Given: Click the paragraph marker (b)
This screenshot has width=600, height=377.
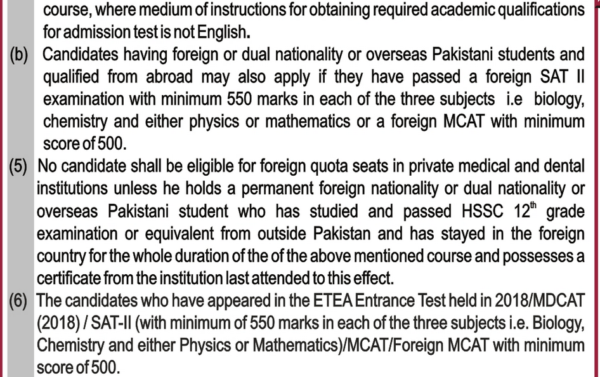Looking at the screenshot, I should coord(21,54).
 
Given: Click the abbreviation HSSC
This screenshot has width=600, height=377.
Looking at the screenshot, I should coord(472,211).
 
